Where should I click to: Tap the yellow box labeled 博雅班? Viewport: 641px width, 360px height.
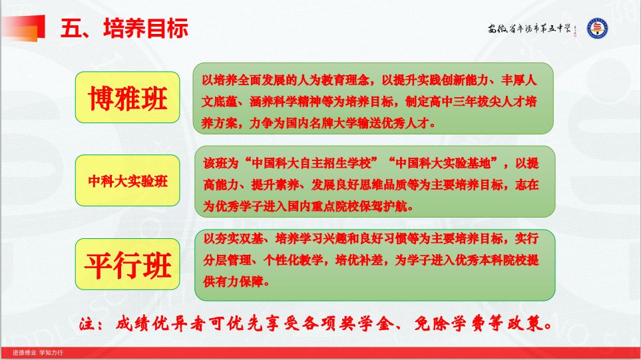point(128,97)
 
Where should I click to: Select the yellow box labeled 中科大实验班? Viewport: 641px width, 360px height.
point(128,181)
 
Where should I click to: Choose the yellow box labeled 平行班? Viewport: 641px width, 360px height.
point(128,265)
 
